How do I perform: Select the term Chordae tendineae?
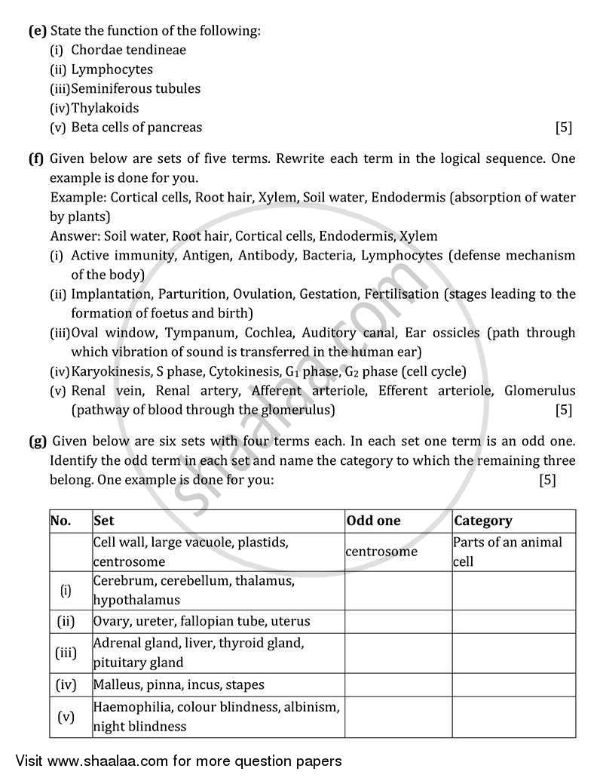[x=128, y=50]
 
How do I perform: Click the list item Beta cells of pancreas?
[x=136, y=128]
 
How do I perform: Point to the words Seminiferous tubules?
[x=136, y=88]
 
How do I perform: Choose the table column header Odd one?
[x=373, y=521]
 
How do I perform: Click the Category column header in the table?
[x=482, y=521]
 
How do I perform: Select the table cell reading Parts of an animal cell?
[x=513, y=552]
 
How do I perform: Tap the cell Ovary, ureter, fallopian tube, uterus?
[x=201, y=621]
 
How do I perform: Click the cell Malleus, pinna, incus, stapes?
[x=179, y=684]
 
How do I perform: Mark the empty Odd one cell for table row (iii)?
[x=397, y=653]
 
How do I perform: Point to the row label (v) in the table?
[x=66, y=716]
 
